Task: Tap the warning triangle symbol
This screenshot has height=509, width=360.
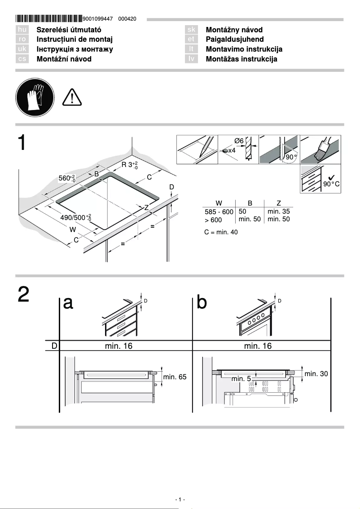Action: [x=71, y=97]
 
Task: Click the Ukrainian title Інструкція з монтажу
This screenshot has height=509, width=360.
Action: [x=75, y=49]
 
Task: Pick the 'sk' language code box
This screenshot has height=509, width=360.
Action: [x=191, y=30]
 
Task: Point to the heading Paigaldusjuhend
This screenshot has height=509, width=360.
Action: [x=234, y=39]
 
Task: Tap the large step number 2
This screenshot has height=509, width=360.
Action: [x=24, y=294]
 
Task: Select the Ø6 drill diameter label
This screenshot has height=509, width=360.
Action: [x=239, y=141]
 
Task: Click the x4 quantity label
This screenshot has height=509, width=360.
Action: [x=232, y=150]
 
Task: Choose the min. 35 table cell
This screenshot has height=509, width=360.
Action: [x=278, y=211]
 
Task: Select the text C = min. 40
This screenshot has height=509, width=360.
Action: [x=221, y=232]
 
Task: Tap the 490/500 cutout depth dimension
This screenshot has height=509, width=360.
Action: [x=75, y=218]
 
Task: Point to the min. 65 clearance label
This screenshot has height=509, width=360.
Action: [x=175, y=377]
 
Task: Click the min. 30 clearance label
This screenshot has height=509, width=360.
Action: [x=316, y=373]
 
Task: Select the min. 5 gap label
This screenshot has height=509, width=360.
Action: [x=241, y=379]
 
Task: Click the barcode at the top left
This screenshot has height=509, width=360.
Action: [x=49, y=19]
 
